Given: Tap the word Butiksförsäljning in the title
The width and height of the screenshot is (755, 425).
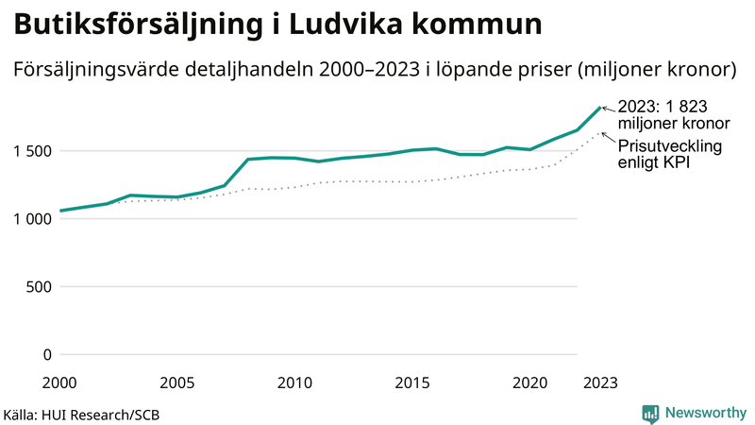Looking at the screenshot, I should point(131,25).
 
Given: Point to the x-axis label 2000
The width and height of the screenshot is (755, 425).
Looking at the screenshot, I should point(59,383).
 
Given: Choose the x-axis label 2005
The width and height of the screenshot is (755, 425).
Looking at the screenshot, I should point(177,383).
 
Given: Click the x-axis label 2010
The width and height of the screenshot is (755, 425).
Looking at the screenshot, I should point(294,383).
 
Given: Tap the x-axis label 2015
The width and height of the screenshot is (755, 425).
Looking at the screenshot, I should point(412,383).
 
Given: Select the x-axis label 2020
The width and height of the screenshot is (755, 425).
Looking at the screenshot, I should point(529,383).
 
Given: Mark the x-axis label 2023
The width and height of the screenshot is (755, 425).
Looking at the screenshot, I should point(600,383).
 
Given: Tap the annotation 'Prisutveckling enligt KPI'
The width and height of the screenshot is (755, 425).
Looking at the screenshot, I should point(670,155).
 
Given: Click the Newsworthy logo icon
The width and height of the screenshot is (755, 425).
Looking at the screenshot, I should point(650,413).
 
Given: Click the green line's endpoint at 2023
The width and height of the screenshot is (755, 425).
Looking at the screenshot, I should point(600,107).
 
